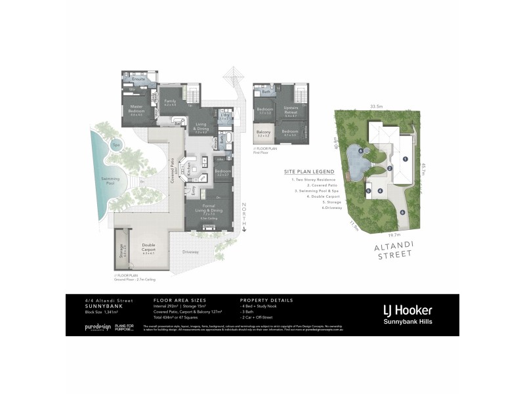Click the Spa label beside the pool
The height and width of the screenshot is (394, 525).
(115, 145)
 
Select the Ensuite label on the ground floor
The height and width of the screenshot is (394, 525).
(138, 79)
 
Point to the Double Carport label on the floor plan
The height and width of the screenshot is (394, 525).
(149, 248)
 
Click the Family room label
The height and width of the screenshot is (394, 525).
(171, 101)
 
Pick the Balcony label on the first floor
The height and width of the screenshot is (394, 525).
(263, 134)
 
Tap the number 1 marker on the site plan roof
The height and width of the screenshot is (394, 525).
(406, 159)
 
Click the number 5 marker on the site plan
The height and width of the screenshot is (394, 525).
(369, 191)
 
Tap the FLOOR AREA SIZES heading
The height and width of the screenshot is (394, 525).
(173, 300)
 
